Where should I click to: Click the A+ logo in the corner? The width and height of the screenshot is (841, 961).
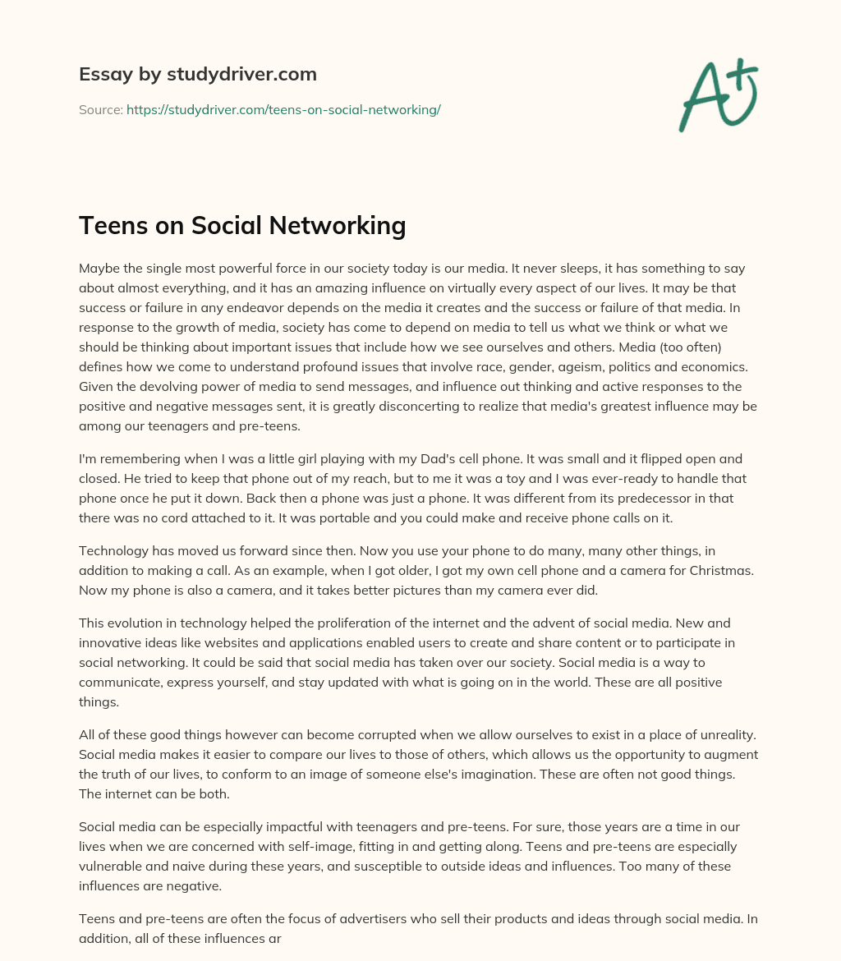(x=718, y=95)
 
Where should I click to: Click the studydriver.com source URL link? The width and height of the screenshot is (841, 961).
(x=283, y=109)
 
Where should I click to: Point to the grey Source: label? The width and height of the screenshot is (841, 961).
(x=100, y=109)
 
